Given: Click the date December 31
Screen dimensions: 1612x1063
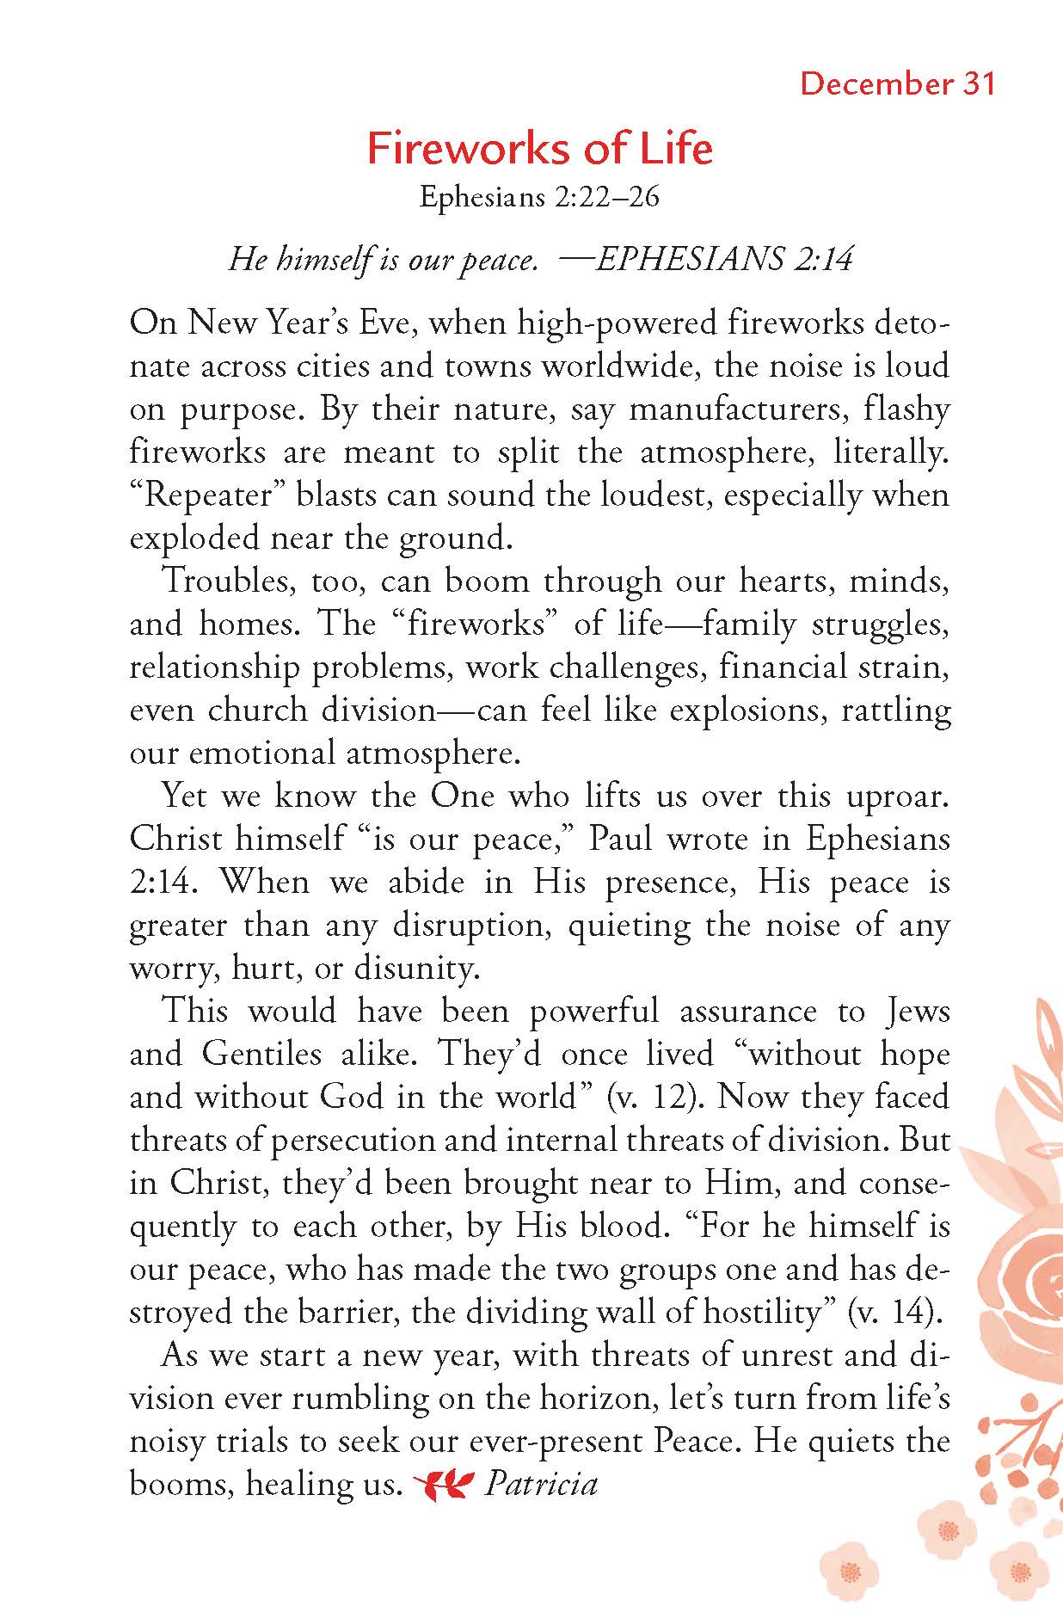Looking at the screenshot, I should click(897, 84).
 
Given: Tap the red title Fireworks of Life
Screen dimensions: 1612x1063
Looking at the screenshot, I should click(539, 149).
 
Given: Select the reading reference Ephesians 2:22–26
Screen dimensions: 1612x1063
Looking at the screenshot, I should click(539, 197).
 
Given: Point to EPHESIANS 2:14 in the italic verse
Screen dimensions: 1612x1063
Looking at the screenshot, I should click(723, 259).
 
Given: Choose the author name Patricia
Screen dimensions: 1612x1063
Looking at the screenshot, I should click(541, 1485).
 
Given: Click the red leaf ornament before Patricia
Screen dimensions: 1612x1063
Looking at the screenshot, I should click(444, 1485).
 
